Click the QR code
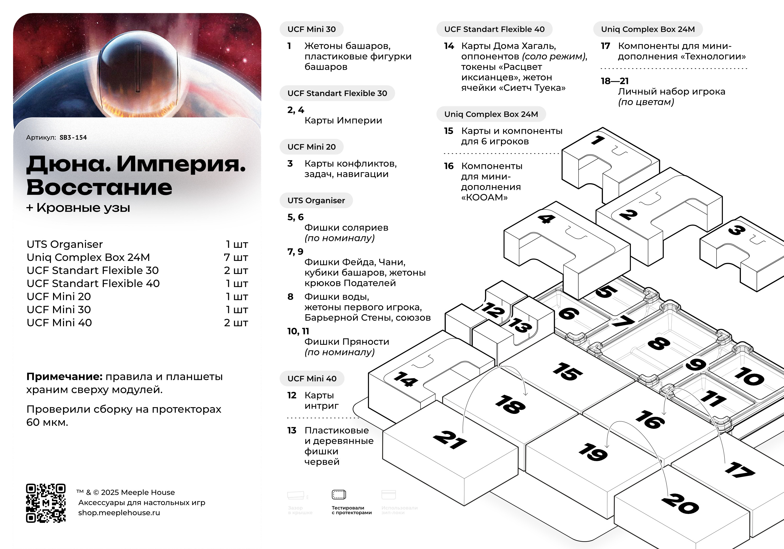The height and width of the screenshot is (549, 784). click(46, 503)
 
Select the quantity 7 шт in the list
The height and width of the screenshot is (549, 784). click(236, 257)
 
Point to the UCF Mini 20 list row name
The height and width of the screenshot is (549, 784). click(59, 296)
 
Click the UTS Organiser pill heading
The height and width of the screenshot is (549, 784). click(316, 201)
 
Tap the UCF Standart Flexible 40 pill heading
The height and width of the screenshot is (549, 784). click(494, 29)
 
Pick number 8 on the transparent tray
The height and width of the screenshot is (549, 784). click(659, 343)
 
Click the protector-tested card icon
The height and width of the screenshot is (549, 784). click(339, 494)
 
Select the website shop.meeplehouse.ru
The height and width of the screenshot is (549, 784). click(119, 513)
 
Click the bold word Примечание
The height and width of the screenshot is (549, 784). click(64, 376)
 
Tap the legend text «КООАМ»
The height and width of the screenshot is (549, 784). click(484, 197)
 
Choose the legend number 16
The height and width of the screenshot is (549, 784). click(449, 166)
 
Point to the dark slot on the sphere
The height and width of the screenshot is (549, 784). click(138, 68)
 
